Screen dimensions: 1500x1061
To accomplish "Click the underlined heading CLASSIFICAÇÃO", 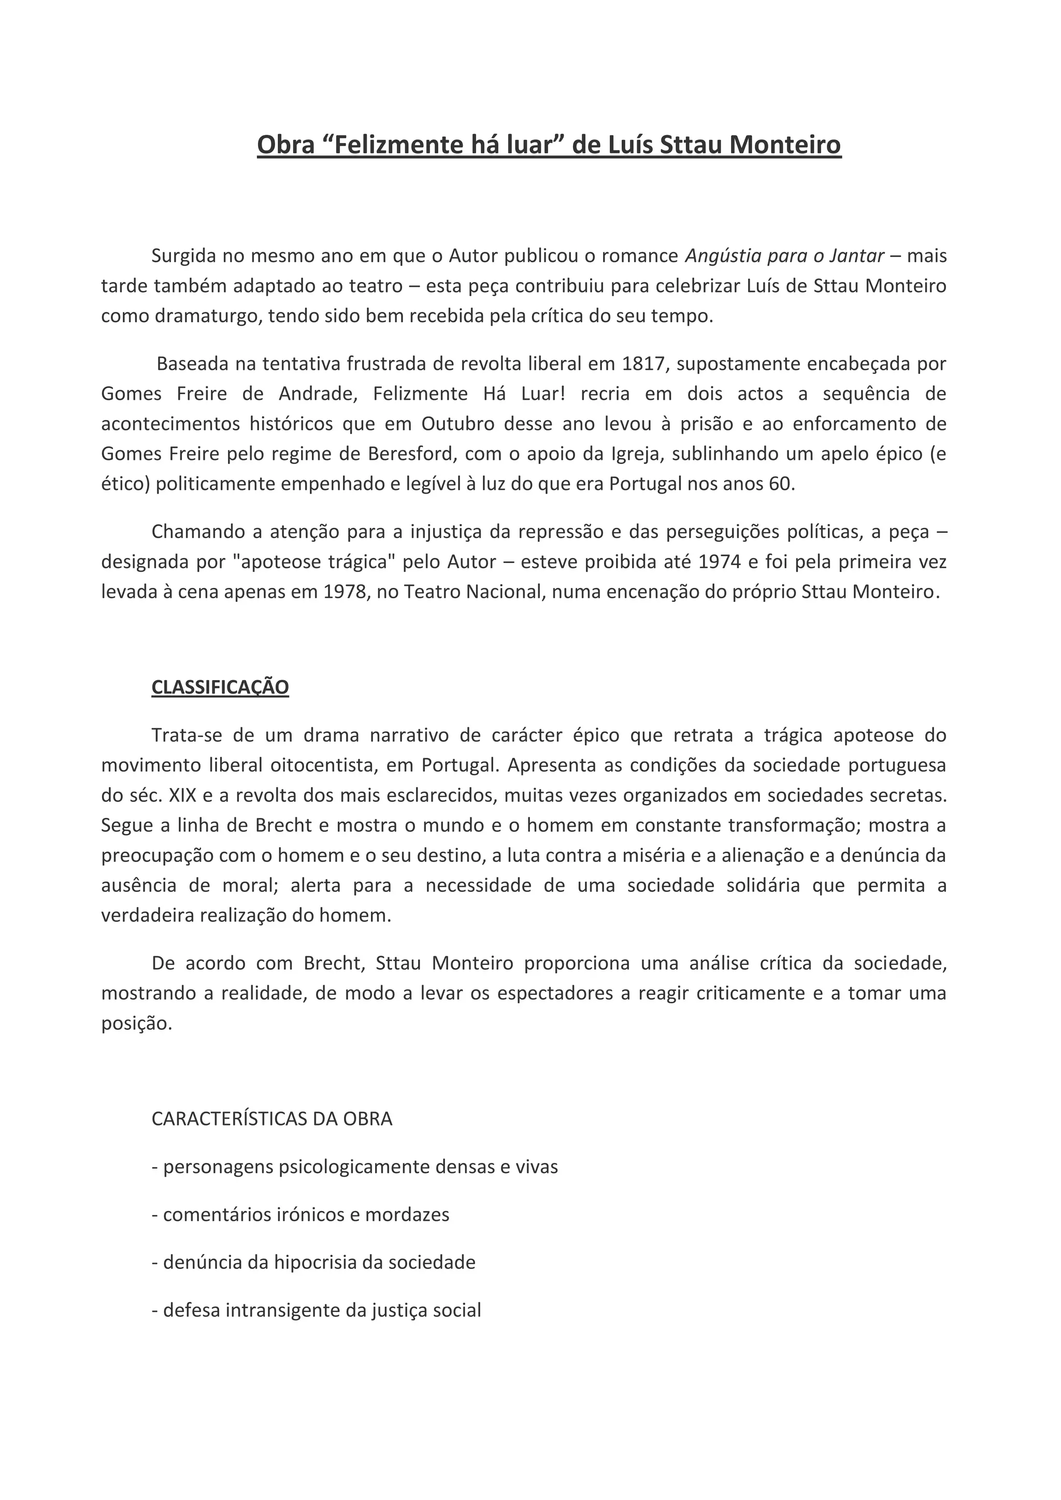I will [220, 687].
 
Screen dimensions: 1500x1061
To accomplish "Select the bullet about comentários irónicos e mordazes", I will [300, 1215].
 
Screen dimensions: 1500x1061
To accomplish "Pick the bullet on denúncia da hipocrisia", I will [313, 1262].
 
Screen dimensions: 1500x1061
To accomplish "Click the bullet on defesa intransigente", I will [316, 1310].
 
